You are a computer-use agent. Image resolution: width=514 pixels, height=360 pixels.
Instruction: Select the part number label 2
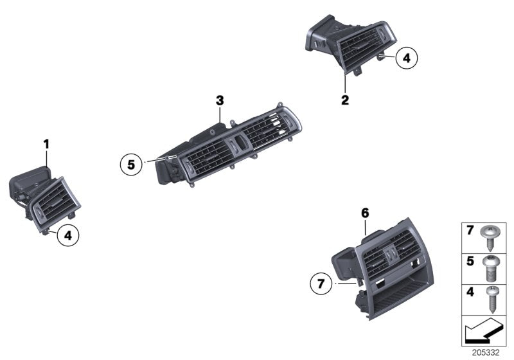pyautogui.click(x=345, y=100)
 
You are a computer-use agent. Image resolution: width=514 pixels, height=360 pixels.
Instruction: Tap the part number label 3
pyautogui.click(x=220, y=100)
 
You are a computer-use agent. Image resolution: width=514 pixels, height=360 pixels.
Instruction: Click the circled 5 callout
pyautogui.click(x=131, y=165)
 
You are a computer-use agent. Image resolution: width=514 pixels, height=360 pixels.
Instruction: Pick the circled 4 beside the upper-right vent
pyautogui.click(x=405, y=59)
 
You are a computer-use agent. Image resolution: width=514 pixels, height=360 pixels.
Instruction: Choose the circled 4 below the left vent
pyautogui.click(x=68, y=236)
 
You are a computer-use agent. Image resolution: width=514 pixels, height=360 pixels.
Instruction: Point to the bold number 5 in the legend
pyautogui.click(x=470, y=262)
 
